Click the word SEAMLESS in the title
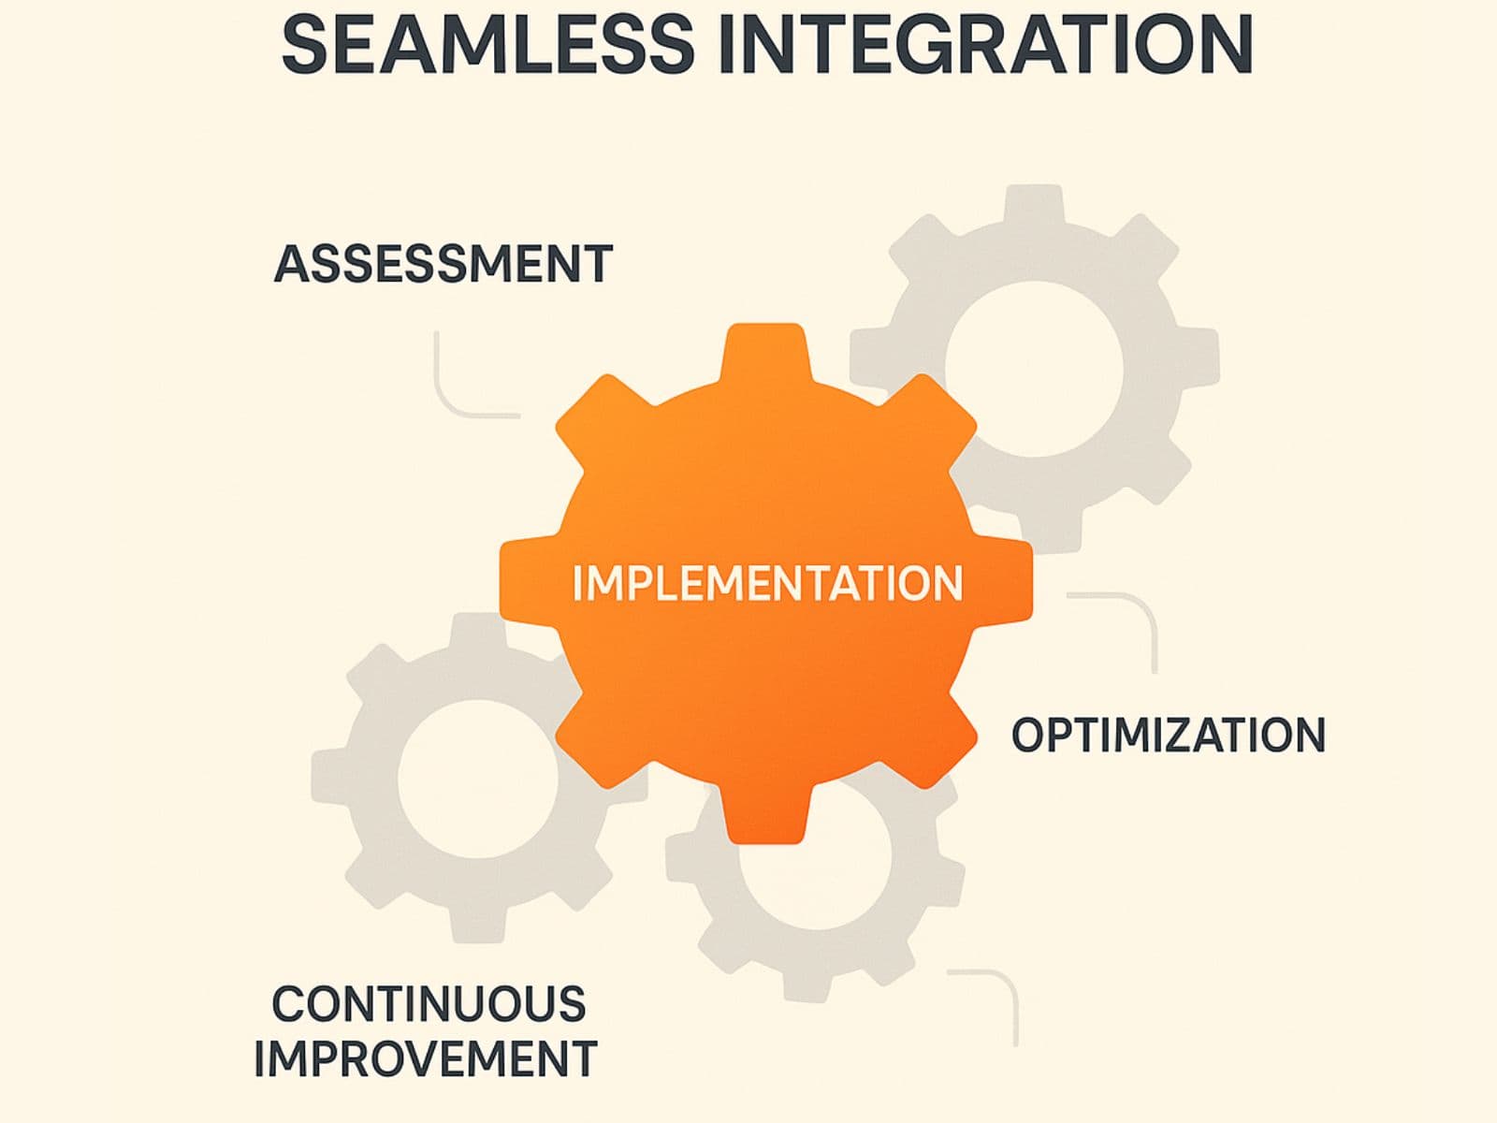point(487,44)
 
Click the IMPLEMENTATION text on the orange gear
point(767,583)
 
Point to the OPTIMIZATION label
point(1169,735)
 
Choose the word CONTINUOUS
point(429,1004)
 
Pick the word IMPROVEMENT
point(426,1059)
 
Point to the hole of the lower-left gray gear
point(477,777)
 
